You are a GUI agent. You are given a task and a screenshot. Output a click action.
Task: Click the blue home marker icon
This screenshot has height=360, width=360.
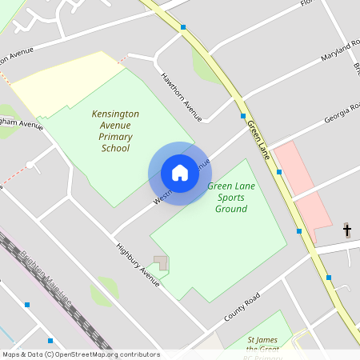[179, 174]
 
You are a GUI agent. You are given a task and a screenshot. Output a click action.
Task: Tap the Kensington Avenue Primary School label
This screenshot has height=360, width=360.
[115, 131]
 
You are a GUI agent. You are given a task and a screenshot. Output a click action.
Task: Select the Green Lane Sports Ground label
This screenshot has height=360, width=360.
[231, 198]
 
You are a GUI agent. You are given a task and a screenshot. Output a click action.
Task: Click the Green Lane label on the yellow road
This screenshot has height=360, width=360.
[259, 137]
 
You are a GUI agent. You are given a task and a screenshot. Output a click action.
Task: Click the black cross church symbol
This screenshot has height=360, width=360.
[347, 230]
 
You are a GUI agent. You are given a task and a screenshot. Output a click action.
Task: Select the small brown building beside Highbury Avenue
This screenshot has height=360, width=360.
[162, 263]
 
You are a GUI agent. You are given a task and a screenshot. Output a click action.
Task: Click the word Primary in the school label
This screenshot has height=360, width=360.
[115, 137]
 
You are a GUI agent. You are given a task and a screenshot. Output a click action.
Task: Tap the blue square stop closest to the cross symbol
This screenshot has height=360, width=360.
[329, 278]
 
